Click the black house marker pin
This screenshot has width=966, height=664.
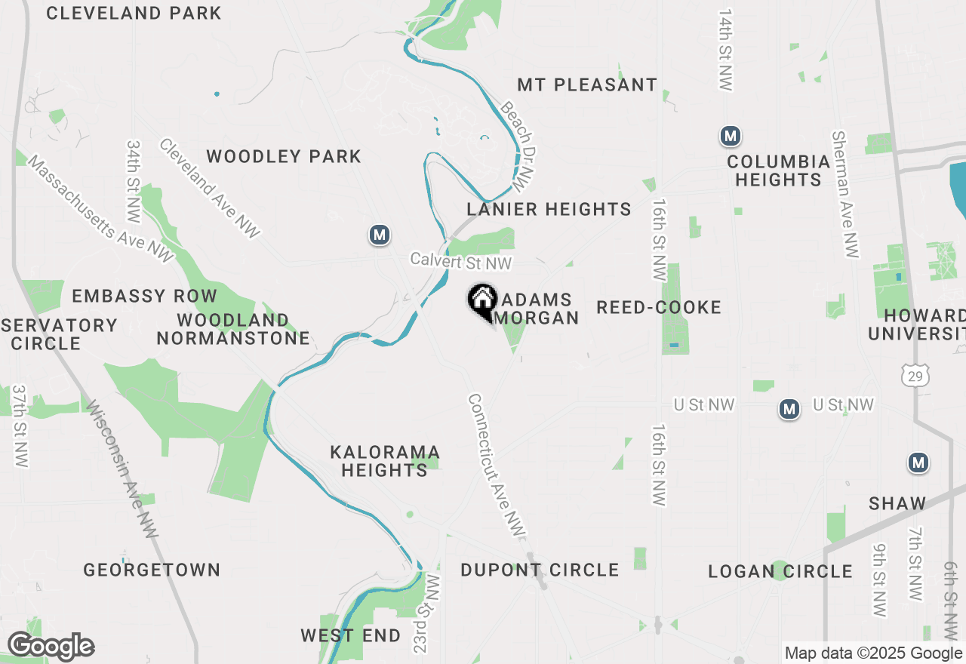[482, 301]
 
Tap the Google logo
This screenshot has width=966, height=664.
[51, 647]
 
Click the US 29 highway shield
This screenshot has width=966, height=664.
[914, 375]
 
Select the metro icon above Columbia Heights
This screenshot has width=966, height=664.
[729, 137]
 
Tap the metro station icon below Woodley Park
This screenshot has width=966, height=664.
[380, 235]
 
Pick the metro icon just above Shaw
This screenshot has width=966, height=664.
[918, 463]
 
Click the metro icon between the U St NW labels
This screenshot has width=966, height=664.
[789, 409]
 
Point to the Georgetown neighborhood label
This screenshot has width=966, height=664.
[152, 570]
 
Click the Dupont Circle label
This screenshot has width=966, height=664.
[540, 570]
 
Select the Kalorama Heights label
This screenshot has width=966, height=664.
[385, 461]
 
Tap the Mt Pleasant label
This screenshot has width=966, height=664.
[587, 85]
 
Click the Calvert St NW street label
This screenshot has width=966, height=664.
[461, 261]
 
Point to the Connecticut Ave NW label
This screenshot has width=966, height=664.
[495, 466]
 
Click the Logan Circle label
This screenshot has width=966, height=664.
[780, 571]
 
